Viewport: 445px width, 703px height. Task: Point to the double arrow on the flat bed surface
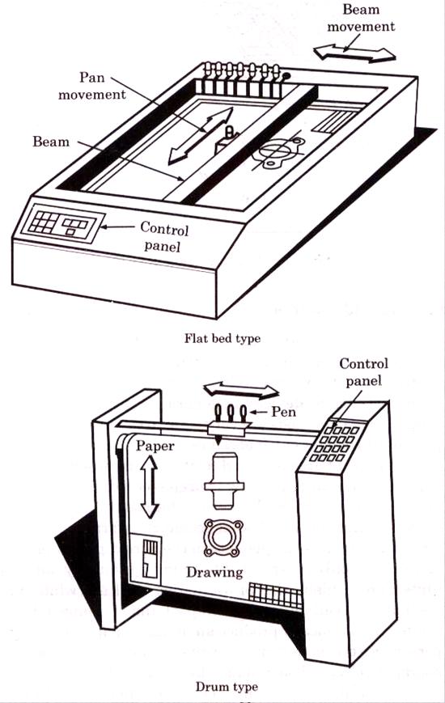point(201,137)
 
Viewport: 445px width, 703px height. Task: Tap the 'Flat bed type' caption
point(222,338)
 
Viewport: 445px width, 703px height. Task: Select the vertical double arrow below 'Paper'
point(149,485)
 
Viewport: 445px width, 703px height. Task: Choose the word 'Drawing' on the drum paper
point(214,572)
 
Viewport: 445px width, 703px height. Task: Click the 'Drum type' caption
point(226,687)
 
